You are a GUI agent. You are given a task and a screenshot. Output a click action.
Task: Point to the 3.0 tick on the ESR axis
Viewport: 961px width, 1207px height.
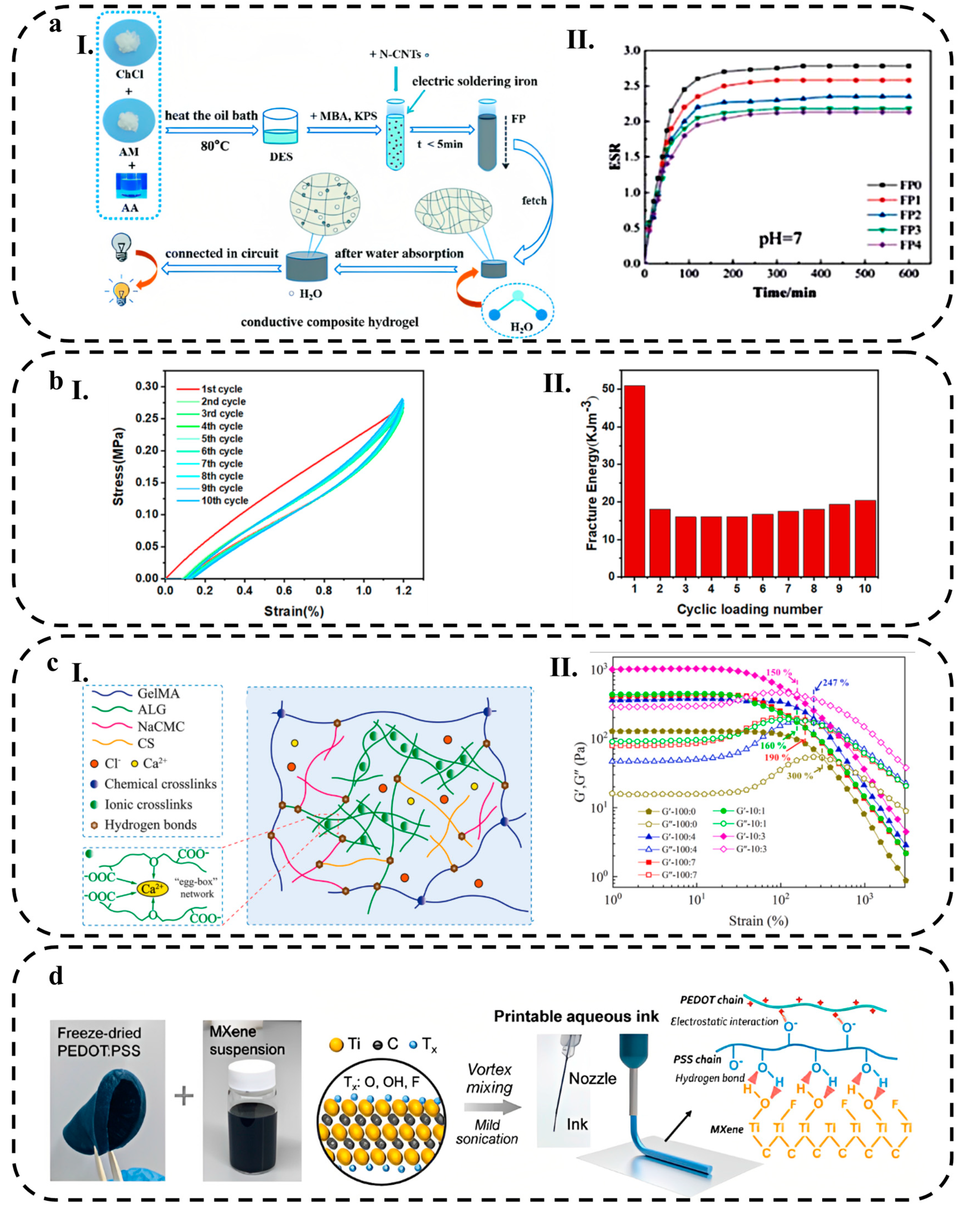pyautogui.click(x=632, y=51)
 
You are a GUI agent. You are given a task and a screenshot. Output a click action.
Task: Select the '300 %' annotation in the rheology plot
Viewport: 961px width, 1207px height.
pyautogui.click(x=800, y=776)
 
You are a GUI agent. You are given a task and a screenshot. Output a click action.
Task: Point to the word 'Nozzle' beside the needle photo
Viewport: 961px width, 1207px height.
pyautogui.click(x=592, y=1078)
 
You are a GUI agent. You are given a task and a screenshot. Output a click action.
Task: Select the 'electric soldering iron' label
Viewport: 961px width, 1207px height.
pyautogui.click(x=474, y=82)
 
